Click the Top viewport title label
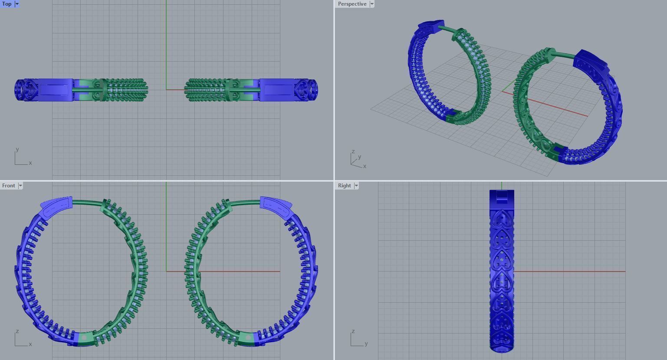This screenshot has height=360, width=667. [x=7, y=4]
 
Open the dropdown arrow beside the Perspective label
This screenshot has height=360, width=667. [x=372, y=4]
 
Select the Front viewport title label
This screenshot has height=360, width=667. [x=9, y=186]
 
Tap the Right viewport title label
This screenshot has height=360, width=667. [x=344, y=186]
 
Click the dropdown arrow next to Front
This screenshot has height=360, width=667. [x=20, y=186]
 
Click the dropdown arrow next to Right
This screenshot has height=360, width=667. [x=356, y=186]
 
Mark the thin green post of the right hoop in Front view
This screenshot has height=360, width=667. [x=245, y=202]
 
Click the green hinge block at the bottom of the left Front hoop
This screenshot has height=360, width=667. [x=84, y=338]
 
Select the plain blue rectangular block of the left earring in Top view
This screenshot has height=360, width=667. [x=55, y=90]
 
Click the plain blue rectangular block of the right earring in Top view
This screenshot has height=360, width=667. [x=277, y=90]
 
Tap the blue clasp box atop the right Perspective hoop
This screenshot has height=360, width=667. [x=590, y=61]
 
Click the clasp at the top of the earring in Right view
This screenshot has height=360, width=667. [x=502, y=198]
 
